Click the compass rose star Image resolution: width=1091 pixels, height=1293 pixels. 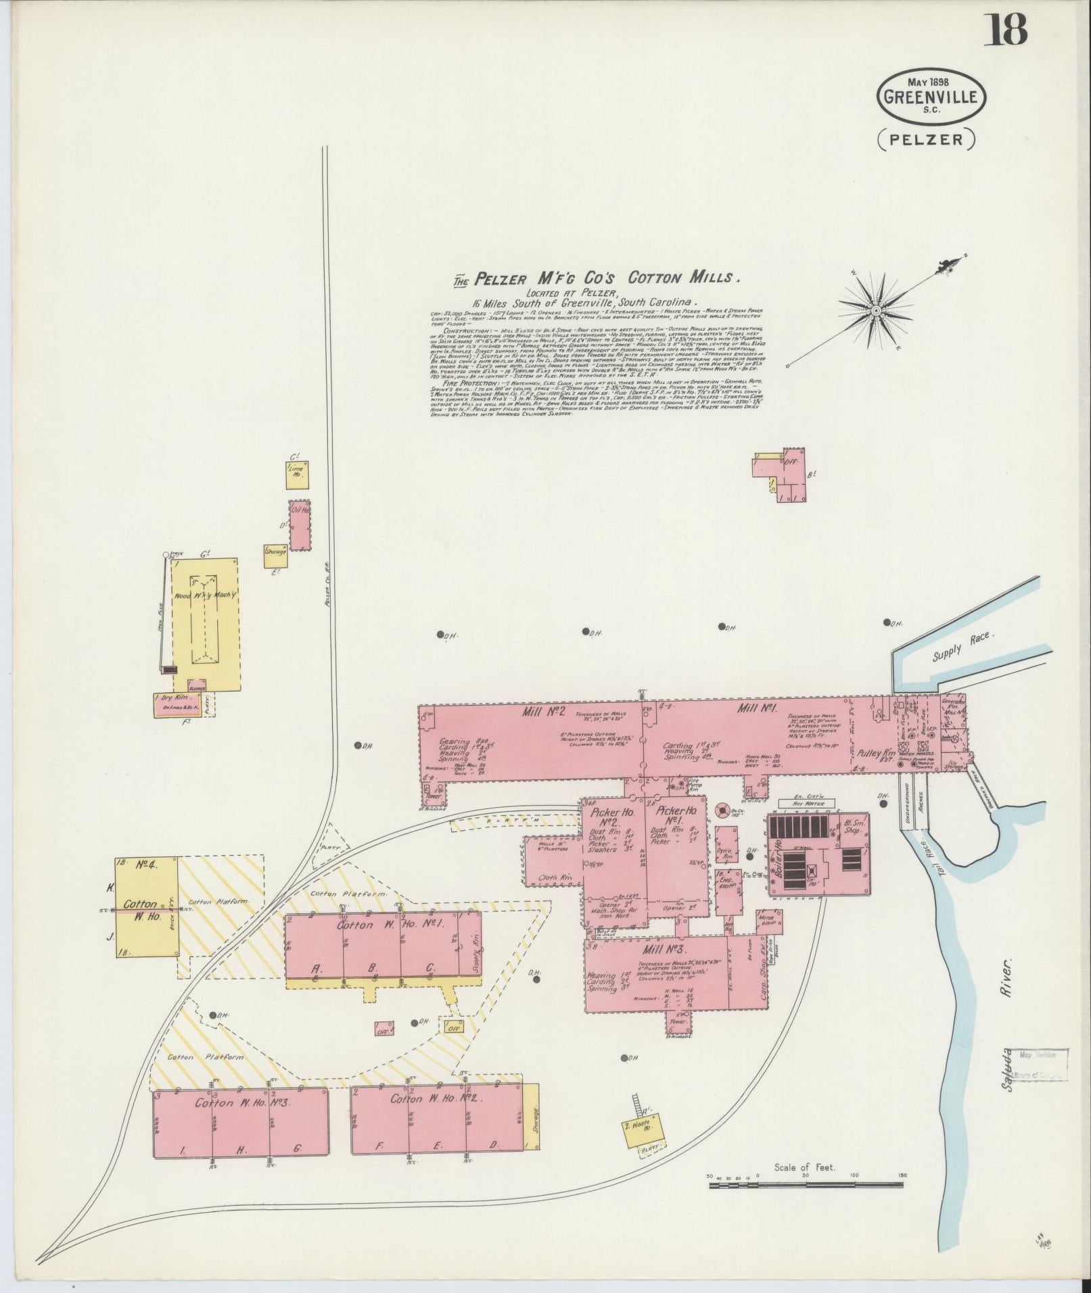click(x=875, y=310)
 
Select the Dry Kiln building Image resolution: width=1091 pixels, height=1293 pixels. click(x=176, y=704)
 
